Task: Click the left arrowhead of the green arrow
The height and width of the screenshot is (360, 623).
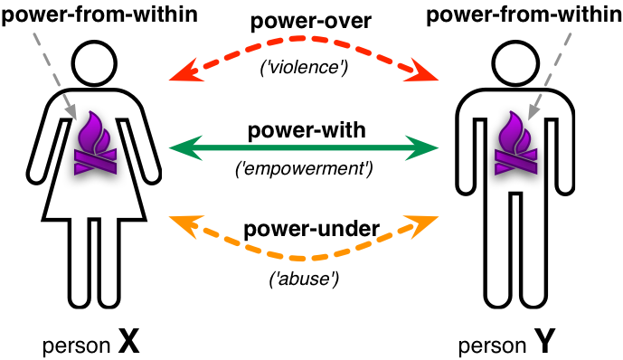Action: click(x=179, y=146)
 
